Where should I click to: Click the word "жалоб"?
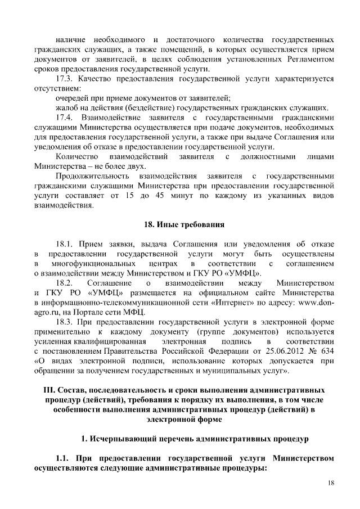(67, 108)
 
